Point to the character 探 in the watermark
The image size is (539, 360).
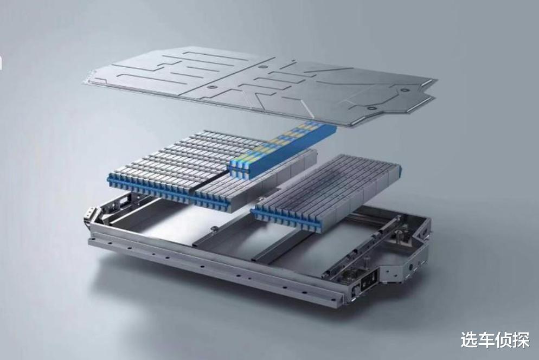[x=521, y=340]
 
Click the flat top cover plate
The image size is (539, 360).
[x=260, y=86]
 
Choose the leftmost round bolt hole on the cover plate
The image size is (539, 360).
[x=211, y=87]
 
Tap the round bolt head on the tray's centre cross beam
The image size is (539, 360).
[x=215, y=228]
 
